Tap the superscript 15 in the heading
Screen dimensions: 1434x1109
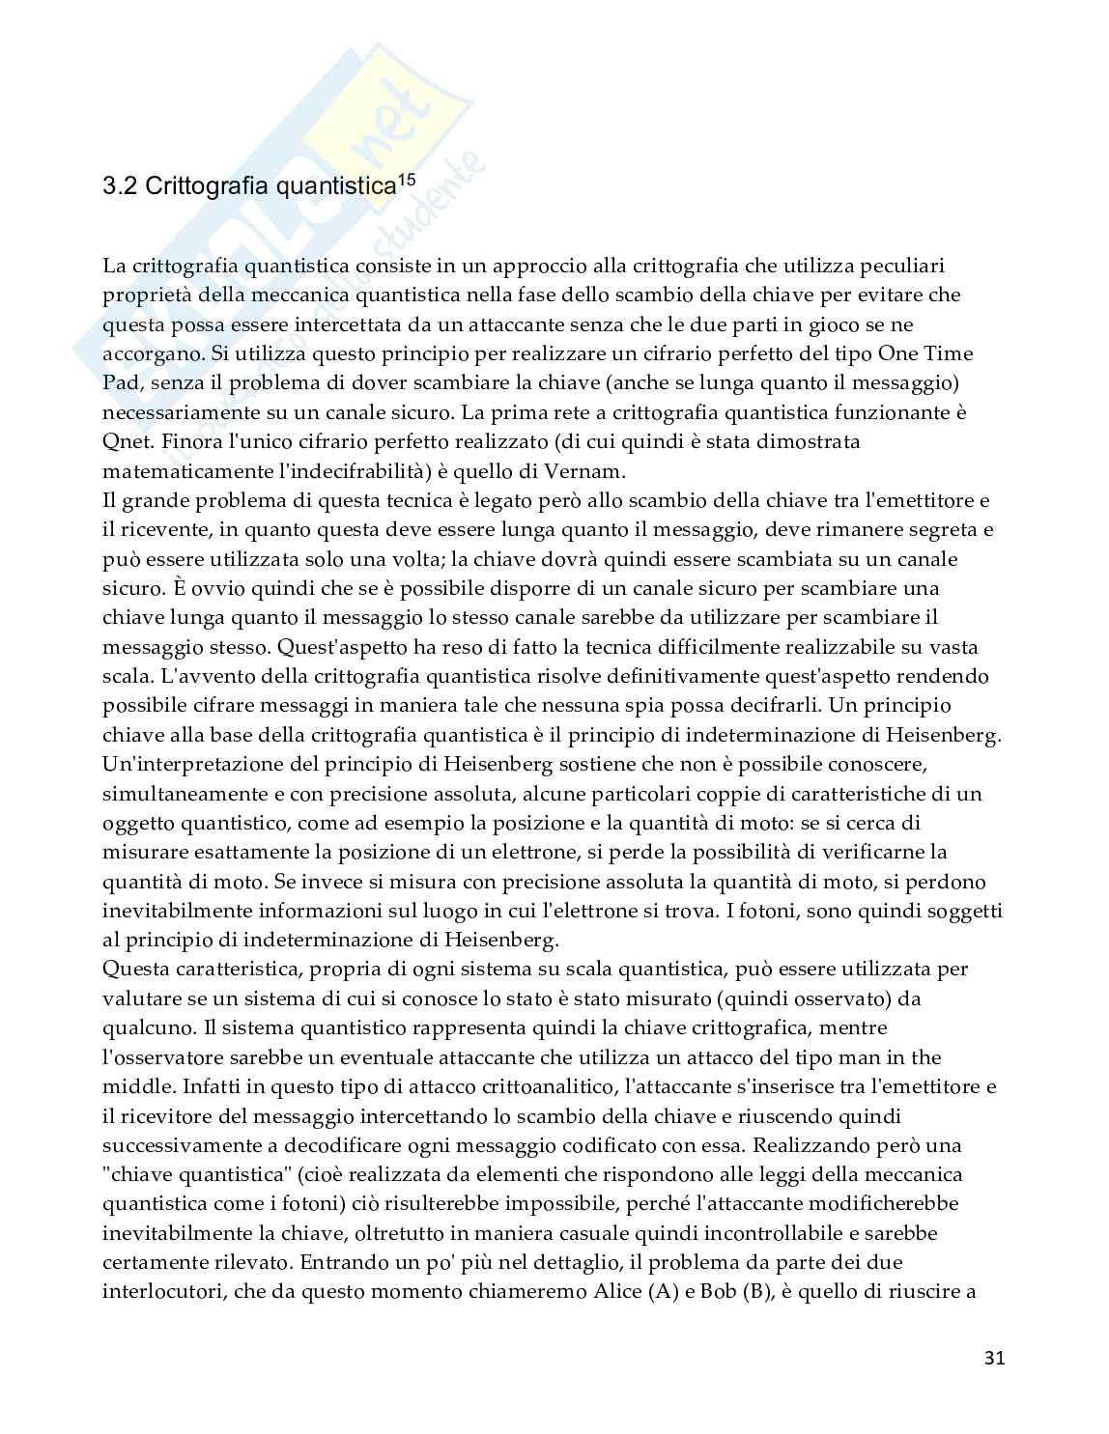407,179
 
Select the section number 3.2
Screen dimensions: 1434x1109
120,186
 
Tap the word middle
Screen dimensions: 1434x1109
132,1086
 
